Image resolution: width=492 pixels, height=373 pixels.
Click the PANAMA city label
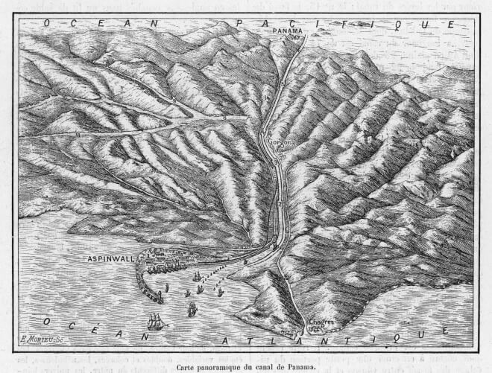[x=288, y=30]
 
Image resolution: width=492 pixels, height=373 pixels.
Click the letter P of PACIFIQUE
[x=240, y=24]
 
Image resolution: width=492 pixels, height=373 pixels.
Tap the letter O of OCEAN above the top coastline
[x=47, y=24]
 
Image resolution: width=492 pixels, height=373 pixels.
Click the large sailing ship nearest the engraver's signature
[x=156, y=321]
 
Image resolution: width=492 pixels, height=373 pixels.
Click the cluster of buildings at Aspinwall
[x=168, y=261]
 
